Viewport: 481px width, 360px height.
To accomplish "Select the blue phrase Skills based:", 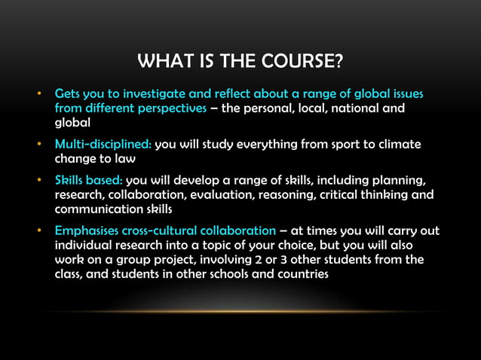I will tap(88, 179).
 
